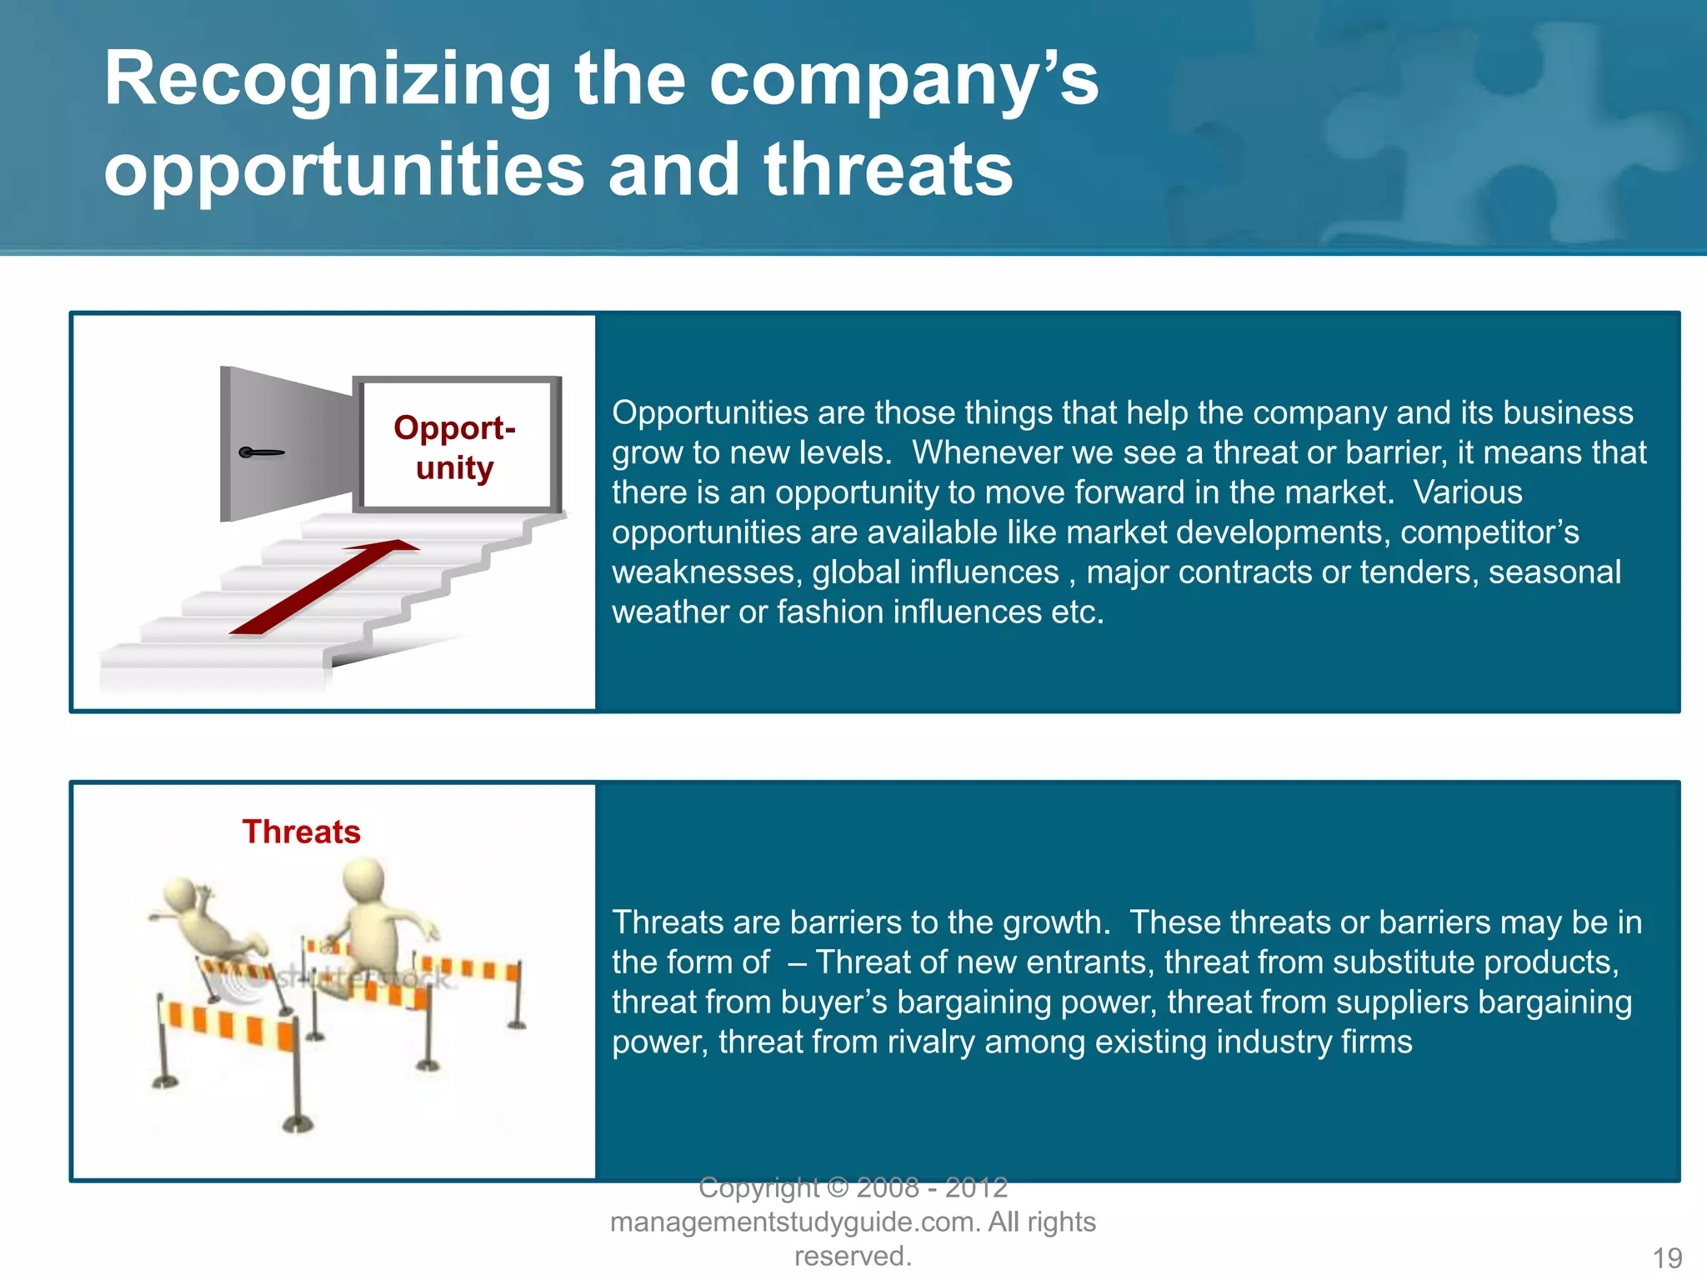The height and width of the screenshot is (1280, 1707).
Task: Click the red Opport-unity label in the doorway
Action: pos(455,447)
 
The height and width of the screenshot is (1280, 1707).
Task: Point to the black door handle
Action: pos(261,452)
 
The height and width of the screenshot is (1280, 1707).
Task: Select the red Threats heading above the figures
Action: pos(301,832)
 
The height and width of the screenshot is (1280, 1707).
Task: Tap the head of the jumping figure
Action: pos(364,878)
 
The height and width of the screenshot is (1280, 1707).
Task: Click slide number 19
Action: pos(1667,1257)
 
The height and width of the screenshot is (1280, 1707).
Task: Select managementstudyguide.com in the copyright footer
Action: pos(794,1222)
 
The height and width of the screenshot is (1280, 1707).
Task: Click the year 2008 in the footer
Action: pos(888,1187)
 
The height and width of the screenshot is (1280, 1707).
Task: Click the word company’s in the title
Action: pos(904,81)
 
